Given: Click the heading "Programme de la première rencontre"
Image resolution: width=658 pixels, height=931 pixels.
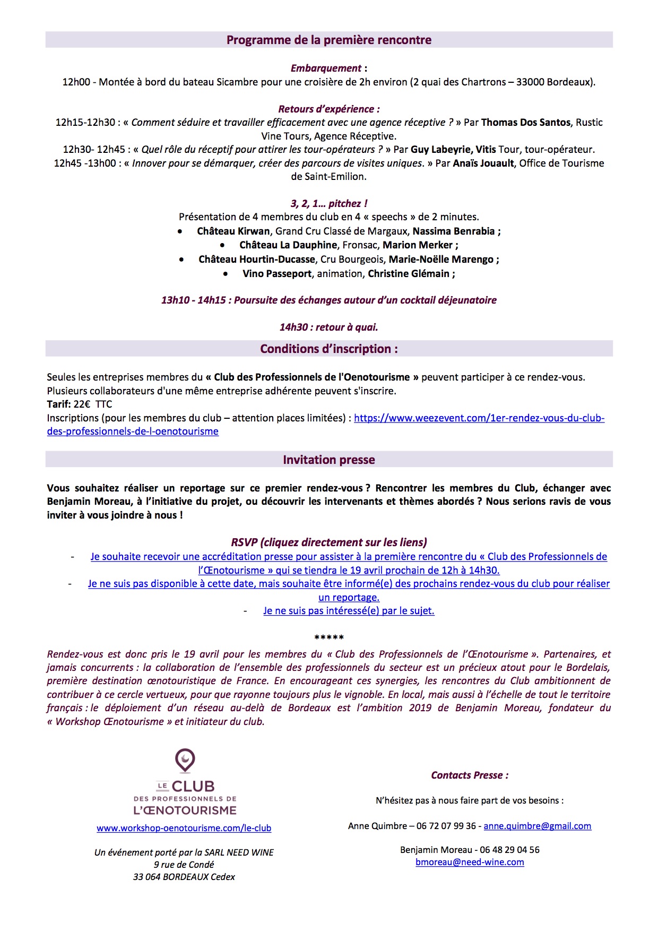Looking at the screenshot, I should [328, 40].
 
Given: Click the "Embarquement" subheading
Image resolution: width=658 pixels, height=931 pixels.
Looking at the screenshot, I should [326, 68].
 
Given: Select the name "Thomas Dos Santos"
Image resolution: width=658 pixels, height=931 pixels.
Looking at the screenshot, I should [525, 123].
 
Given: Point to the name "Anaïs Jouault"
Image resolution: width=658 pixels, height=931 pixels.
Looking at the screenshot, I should [483, 163].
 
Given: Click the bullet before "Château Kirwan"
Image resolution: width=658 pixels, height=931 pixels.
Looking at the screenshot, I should [180, 231].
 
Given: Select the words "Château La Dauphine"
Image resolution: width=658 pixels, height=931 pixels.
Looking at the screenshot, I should [288, 245].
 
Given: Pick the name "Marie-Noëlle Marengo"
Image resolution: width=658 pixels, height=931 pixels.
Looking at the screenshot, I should [441, 260].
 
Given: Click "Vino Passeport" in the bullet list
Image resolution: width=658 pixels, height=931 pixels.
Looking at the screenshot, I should [276, 274].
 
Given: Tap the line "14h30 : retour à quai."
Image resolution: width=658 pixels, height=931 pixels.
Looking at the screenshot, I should [328, 327].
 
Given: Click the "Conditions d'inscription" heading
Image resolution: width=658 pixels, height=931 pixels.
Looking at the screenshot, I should [328, 349].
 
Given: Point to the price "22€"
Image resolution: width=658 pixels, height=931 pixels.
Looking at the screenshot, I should [82, 404].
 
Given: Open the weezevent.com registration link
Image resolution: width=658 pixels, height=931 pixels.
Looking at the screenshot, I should [479, 418].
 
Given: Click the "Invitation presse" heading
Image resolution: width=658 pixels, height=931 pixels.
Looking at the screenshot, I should [328, 460].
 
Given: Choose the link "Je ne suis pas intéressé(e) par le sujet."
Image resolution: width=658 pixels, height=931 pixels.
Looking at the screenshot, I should [349, 611].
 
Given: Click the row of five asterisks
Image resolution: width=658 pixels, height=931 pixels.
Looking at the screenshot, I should [329, 637].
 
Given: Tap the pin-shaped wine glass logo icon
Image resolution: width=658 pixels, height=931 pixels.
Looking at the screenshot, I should [185, 761].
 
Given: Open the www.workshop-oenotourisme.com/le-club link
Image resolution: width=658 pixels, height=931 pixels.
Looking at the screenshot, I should [184, 828].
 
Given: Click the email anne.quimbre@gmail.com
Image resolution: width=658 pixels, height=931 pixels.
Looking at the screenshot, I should [537, 826].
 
